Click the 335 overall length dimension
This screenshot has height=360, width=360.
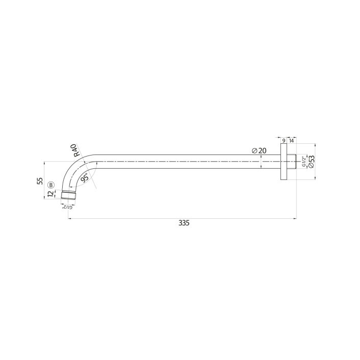184,223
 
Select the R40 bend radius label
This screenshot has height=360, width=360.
77,149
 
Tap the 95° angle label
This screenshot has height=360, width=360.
85,178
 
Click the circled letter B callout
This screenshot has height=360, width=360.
50,185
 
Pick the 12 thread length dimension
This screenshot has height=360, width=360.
50,194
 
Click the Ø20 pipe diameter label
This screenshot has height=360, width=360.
259,150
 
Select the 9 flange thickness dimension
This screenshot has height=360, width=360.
284,140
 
